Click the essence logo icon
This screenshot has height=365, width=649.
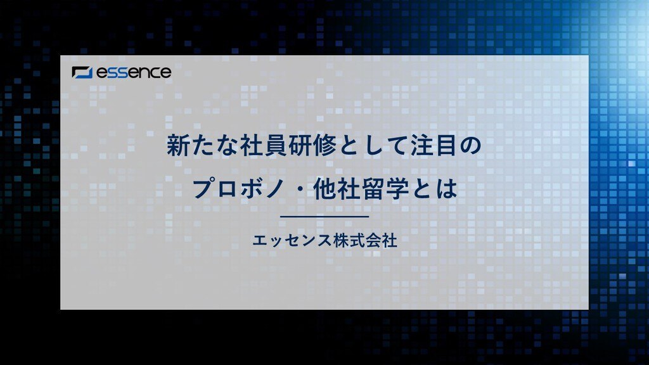pos(82,72)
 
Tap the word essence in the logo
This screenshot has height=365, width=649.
pos(134,72)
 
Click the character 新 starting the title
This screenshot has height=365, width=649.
pos(178,145)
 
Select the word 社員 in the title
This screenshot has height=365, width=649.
pos(264,145)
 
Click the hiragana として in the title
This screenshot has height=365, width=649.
pos(374,145)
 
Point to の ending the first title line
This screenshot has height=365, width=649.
pos(470,146)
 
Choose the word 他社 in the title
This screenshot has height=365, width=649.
pos(337,189)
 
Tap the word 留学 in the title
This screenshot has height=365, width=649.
pos(385,189)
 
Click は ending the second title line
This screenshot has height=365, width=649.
pos(446,189)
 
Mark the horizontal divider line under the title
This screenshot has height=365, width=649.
pos(324,217)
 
